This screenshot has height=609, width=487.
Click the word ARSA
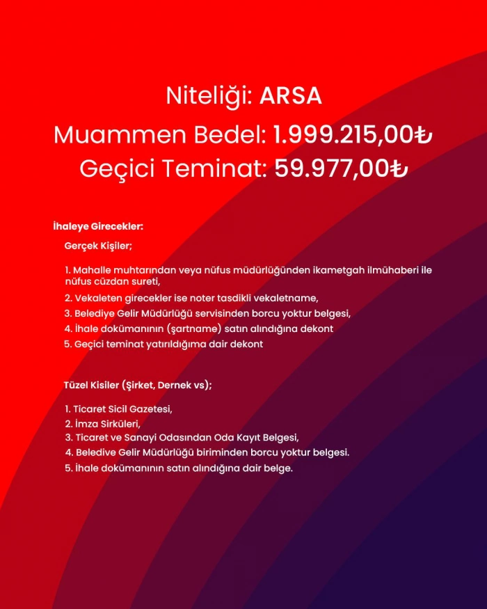(x=290, y=96)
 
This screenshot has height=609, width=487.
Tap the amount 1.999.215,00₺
(x=353, y=134)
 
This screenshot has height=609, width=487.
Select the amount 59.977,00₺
(x=340, y=168)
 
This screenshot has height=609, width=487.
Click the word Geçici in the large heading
(x=111, y=168)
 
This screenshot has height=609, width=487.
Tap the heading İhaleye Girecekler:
(x=98, y=226)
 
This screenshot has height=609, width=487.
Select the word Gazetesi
(x=150, y=409)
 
